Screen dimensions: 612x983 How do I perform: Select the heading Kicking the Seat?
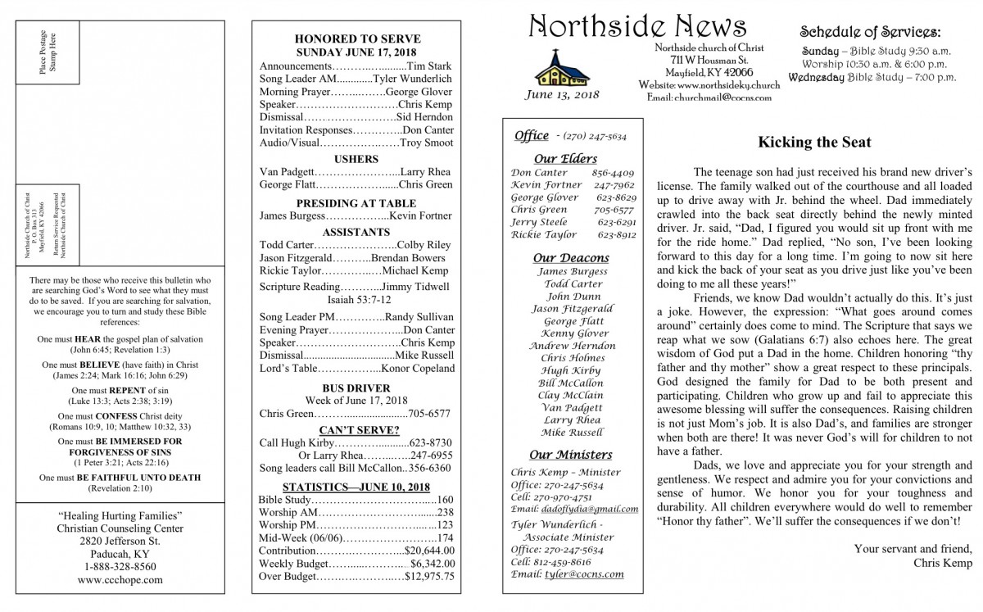pyautogui.click(x=814, y=143)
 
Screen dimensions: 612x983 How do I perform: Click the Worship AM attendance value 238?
pyautogui.click(x=446, y=512)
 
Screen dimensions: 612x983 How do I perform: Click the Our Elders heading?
pyautogui.click(x=564, y=158)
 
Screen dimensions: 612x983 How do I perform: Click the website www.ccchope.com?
pyautogui.click(x=120, y=580)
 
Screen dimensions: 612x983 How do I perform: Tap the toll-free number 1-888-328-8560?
pyautogui.click(x=120, y=566)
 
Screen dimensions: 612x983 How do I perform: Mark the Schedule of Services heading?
pyautogui.click(x=870, y=32)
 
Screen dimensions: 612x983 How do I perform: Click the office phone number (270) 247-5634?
pyautogui.click(x=591, y=136)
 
